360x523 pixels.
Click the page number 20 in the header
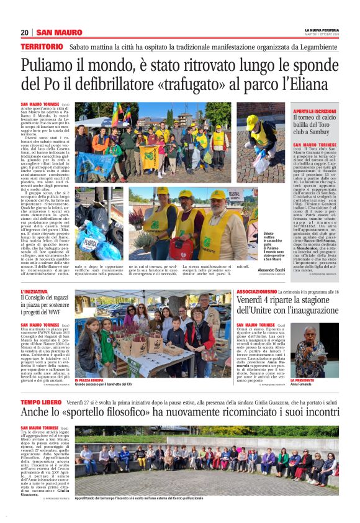pyautogui.click(x=25, y=33)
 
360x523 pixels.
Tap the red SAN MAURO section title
pyautogui.click(x=59, y=33)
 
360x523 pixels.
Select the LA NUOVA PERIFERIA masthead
pyautogui.click(x=322, y=30)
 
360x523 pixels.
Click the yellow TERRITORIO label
pyautogui.click(x=42, y=47)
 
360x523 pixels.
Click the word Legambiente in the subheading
pyautogui.click(x=322, y=47)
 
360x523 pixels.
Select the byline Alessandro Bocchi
pyautogui.click(x=271, y=262)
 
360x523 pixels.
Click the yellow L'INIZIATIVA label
pyautogui.click(x=35, y=291)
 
